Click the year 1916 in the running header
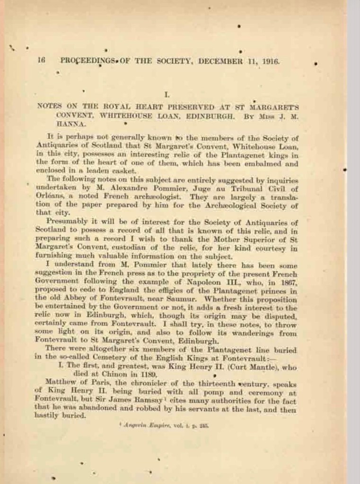pos(271,61)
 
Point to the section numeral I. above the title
pos(166,95)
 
